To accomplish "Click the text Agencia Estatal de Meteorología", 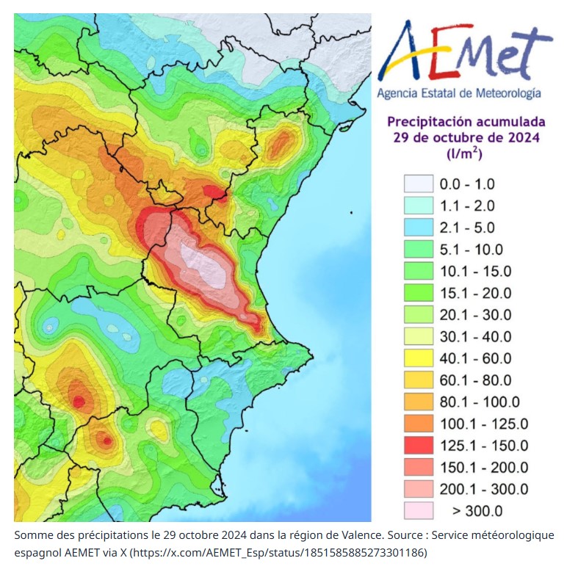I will click(459, 93).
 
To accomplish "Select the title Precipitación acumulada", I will click(466, 121).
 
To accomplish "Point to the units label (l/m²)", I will click(464, 153).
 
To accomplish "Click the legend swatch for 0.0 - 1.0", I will click(417, 184).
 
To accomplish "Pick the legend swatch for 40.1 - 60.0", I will click(417, 358).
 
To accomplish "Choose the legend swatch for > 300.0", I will click(417, 511).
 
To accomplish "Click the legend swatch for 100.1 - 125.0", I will click(417, 424).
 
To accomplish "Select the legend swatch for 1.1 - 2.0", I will click(417, 206).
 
